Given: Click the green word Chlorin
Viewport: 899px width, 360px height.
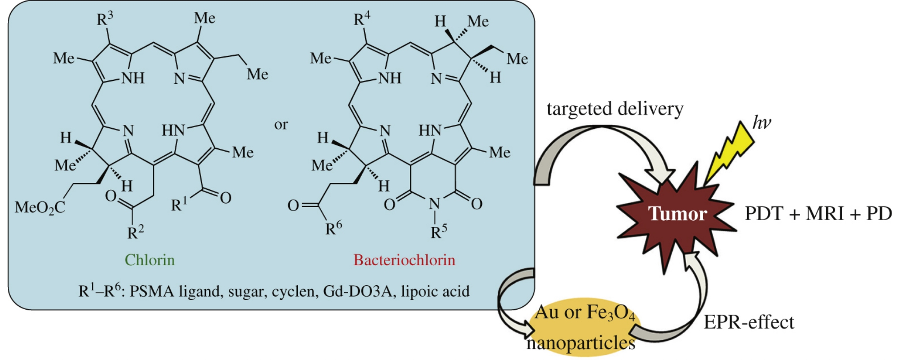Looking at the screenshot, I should (x=149, y=260).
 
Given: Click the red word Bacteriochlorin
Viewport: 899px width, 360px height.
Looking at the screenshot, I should (x=404, y=260).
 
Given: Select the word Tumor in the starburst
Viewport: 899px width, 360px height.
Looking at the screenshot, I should (x=677, y=214).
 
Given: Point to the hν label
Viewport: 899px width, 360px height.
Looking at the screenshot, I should (x=761, y=122).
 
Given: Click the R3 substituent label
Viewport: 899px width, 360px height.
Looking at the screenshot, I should (x=105, y=18).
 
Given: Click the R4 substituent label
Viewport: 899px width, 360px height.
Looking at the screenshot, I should (x=362, y=18).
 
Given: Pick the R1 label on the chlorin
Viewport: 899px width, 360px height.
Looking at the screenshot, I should (x=179, y=204).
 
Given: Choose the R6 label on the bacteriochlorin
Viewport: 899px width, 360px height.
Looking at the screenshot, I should (x=334, y=228).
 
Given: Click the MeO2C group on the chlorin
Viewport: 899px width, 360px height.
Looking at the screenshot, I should (x=40, y=208).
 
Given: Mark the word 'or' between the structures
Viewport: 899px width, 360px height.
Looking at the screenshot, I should (x=281, y=124).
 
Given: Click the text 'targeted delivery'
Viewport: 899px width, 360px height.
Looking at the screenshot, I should (x=615, y=109).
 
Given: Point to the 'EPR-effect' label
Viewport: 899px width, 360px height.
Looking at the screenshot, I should (x=749, y=322).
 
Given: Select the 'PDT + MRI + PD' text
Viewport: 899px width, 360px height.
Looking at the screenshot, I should (x=818, y=214).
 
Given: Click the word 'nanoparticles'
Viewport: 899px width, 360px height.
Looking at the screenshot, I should (x=581, y=343).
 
